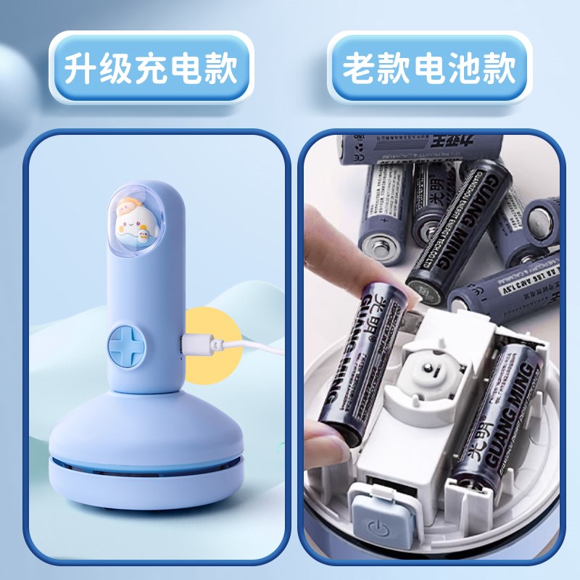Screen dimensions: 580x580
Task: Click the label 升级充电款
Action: pos(152,70)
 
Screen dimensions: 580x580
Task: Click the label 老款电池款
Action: pos(428,70)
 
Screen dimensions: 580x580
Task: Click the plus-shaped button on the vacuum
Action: pos(126,343)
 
